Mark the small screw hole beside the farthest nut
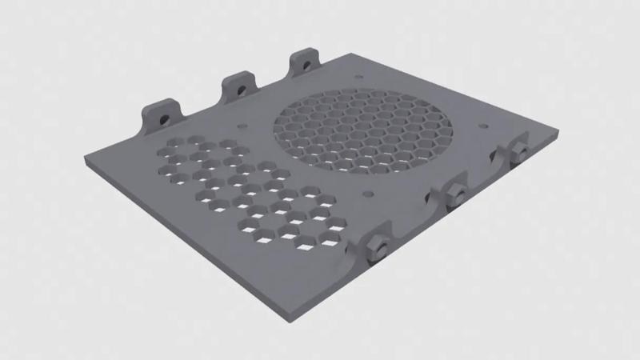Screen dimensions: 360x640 (482, 126)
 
